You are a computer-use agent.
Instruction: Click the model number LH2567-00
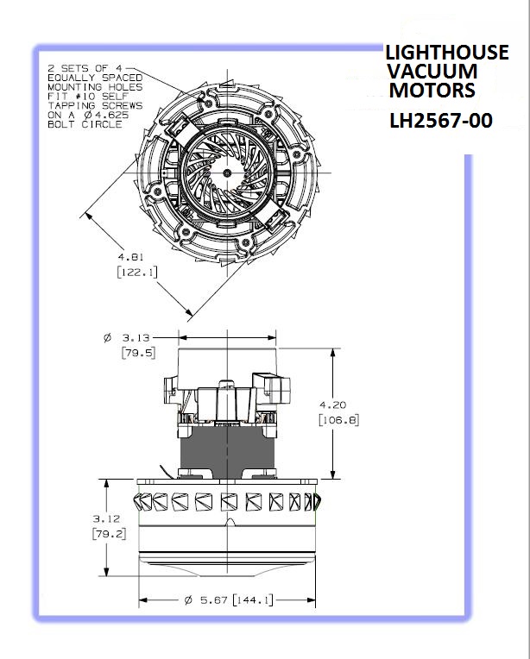tap(440, 121)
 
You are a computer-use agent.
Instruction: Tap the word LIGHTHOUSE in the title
tap(447, 53)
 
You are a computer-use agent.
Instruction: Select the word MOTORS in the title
tap(432, 90)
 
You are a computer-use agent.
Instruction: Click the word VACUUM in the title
tap(432, 71)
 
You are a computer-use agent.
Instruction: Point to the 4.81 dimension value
tap(130, 257)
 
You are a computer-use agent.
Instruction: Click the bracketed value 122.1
tap(137, 273)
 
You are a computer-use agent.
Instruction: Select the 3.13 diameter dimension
tap(136, 337)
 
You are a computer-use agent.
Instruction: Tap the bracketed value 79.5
tap(138, 353)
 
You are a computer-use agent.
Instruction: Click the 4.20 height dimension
tap(332, 405)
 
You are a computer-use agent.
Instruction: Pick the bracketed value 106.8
tap(339, 420)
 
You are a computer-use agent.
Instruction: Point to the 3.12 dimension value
tap(106, 518)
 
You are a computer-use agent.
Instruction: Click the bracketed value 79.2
tap(109, 534)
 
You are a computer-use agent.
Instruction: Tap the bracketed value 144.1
tap(252, 600)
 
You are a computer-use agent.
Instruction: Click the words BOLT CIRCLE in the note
tap(85, 124)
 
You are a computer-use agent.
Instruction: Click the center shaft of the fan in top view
tap(227, 173)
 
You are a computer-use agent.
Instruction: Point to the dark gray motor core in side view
tap(227, 452)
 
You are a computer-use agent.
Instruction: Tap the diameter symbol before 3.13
tap(107, 337)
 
